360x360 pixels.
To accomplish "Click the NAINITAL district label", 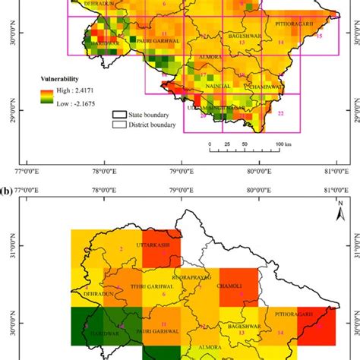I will (218, 88).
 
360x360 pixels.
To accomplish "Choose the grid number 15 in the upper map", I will (319, 36).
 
